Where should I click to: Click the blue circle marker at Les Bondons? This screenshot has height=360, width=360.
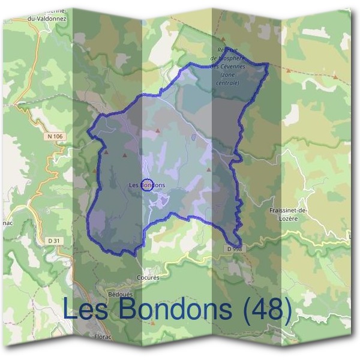(147, 184)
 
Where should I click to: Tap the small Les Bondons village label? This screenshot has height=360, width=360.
(147, 185)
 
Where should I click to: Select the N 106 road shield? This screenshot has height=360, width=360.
(54, 137)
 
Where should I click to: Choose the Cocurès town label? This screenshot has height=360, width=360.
(147, 278)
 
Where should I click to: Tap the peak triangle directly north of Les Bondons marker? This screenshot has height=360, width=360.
(158, 130)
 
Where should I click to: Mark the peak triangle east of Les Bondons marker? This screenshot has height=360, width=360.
(209, 170)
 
